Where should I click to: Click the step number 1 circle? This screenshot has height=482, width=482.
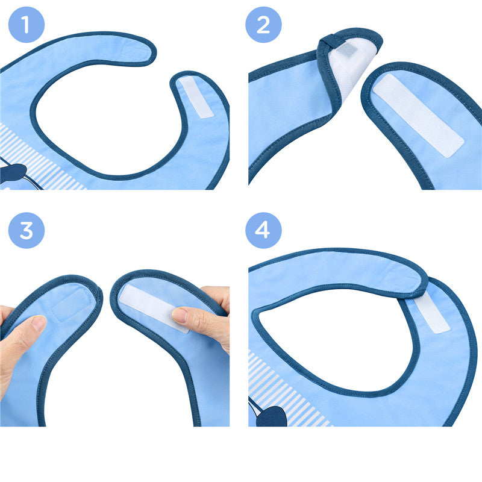(x=26, y=25)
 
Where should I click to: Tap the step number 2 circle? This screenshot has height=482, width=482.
(x=263, y=25)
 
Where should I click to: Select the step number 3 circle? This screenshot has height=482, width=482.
(x=26, y=230)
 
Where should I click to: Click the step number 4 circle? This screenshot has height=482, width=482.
(x=263, y=230)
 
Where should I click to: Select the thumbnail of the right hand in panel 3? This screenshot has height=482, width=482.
(x=180, y=315)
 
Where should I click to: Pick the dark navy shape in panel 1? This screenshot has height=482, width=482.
(x=12, y=174)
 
